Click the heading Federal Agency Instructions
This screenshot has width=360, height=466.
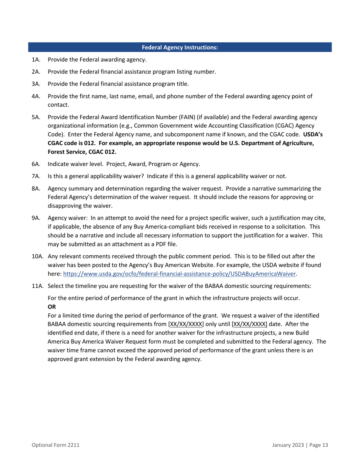(180, 47)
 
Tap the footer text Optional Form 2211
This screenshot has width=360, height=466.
(55, 445)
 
